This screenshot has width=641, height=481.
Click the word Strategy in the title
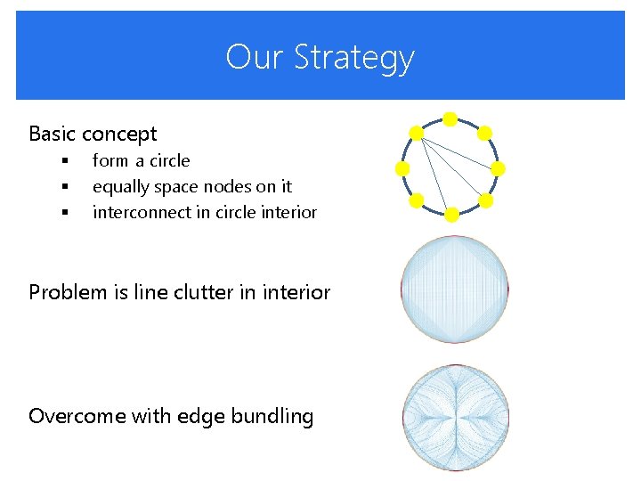pos(353,58)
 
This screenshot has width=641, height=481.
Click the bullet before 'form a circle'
pos(65,161)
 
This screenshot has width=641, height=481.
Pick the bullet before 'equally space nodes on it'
pos(65,187)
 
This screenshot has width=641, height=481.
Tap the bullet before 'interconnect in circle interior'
pos(65,213)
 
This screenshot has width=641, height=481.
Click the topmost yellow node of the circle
pos(450,118)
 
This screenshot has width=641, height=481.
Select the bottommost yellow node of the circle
pos(451,215)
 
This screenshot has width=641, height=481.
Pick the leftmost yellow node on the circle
pos(402,167)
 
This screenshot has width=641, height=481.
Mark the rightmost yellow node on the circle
pos(499,167)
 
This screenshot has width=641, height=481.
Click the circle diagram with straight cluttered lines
pos(455,289)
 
